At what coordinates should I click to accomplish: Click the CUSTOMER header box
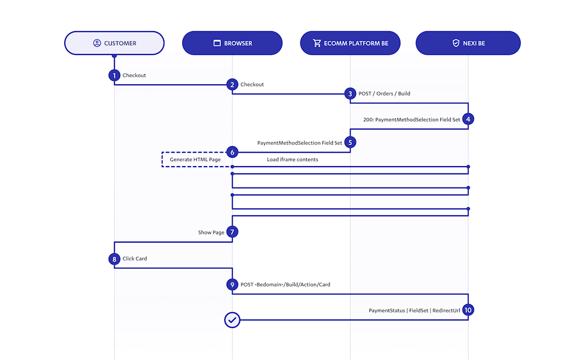(114, 43)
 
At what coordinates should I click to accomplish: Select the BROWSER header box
(232, 43)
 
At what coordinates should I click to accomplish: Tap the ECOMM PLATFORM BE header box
(350, 43)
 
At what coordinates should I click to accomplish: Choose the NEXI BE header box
(468, 43)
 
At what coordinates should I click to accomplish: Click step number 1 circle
(114, 76)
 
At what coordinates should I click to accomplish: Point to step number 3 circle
(350, 94)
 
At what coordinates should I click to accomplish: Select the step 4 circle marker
(468, 119)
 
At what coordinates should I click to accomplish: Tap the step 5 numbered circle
(350, 142)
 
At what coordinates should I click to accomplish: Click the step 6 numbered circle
(232, 152)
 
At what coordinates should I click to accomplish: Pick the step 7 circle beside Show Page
(232, 232)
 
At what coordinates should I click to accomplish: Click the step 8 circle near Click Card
(114, 259)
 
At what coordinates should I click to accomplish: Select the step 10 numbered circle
(468, 310)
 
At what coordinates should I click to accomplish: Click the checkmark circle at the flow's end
(232, 320)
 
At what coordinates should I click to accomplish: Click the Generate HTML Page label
(195, 160)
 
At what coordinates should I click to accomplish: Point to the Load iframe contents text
(292, 160)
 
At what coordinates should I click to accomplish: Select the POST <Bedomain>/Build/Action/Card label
(285, 284)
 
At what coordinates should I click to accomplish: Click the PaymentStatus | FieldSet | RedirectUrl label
(414, 310)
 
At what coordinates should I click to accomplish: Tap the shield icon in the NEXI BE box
(456, 43)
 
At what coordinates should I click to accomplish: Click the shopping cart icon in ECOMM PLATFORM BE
(317, 43)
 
